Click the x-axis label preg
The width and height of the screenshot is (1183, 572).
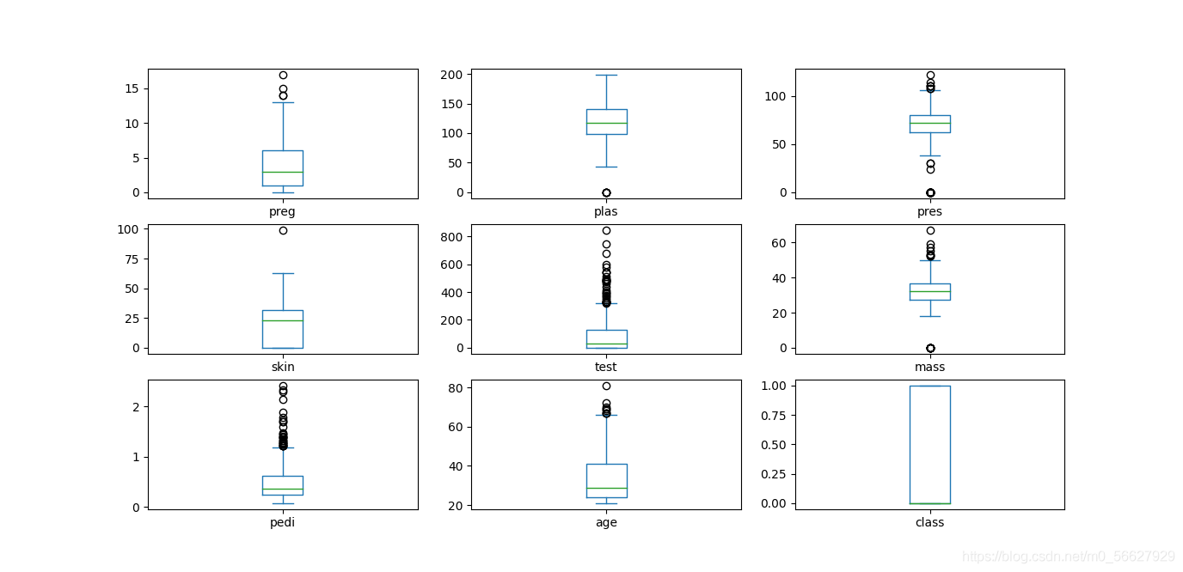click(x=282, y=212)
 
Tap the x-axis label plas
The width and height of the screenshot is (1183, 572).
click(x=606, y=211)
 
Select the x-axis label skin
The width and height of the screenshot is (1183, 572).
click(x=283, y=367)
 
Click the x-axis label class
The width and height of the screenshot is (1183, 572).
click(x=929, y=522)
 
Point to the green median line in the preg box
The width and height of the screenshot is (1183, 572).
click(x=283, y=172)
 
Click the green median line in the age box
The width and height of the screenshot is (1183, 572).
click(x=607, y=488)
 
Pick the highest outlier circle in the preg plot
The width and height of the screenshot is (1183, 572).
click(x=283, y=75)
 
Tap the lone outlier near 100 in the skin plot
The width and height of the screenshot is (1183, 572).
click(x=283, y=230)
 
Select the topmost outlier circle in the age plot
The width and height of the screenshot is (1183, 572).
click(x=606, y=386)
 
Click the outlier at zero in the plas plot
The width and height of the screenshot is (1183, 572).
click(x=606, y=192)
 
